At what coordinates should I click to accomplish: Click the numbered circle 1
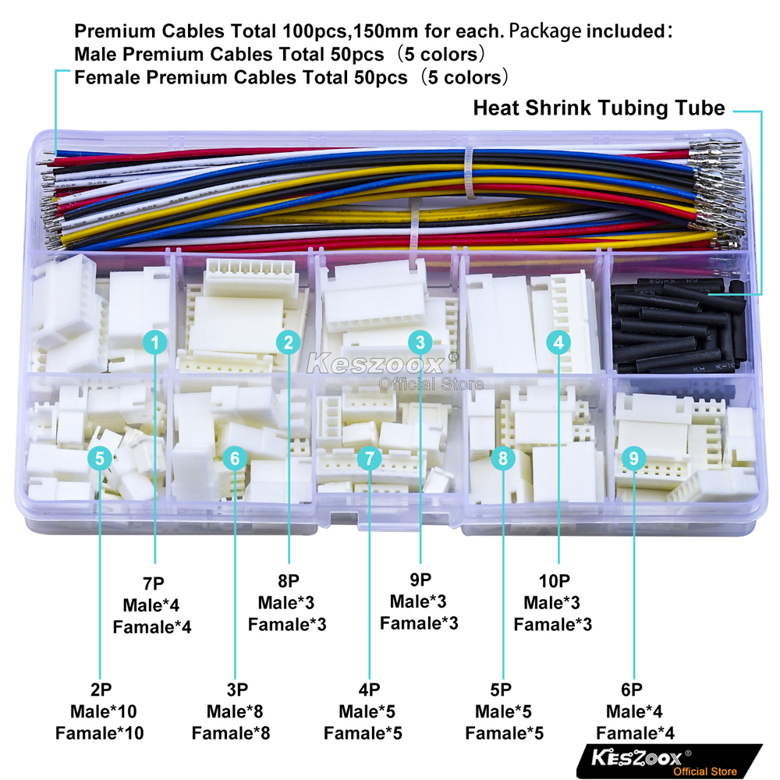pos(155,342)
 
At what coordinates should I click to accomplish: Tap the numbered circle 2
pos(289,342)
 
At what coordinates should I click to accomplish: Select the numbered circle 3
pos(420,342)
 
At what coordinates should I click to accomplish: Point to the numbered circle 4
pos(558,342)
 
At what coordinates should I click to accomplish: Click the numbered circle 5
pos(100,459)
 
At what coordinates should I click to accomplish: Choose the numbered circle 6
pos(235,459)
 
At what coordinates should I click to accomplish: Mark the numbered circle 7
pos(369,459)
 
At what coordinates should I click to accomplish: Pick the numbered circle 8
pos(503,459)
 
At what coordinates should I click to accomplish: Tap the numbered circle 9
pos(633,459)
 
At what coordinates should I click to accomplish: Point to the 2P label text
pos(100,690)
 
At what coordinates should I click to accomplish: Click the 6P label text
pos(634,690)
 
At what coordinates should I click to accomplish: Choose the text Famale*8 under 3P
pos(231,733)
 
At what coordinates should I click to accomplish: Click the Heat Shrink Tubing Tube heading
pos(599,108)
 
